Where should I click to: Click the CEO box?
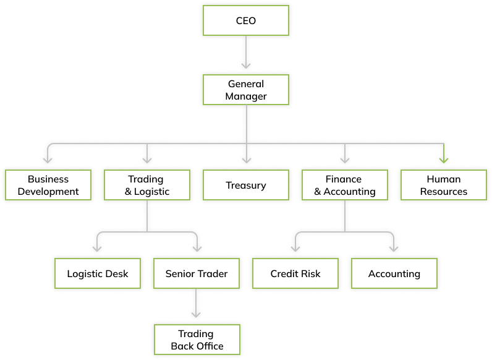[246, 20]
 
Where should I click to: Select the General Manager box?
[246, 90]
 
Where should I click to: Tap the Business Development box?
[48, 185]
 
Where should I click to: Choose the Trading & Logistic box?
[147, 185]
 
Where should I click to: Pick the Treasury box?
[246, 185]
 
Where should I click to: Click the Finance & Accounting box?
[345, 185]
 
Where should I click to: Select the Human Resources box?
[444, 185]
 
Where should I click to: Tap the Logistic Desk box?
[98, 273]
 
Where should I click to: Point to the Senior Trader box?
[197, 273]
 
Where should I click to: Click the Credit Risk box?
[295, 273]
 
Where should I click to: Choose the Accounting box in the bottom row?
[394, 273]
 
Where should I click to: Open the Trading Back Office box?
[197, 339]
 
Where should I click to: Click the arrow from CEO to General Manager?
[246, 52]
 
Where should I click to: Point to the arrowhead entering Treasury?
[246, 160]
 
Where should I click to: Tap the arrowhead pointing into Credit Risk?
[295, 249]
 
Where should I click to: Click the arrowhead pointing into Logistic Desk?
[98, 249]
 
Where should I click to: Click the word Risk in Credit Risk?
[310, 273]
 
